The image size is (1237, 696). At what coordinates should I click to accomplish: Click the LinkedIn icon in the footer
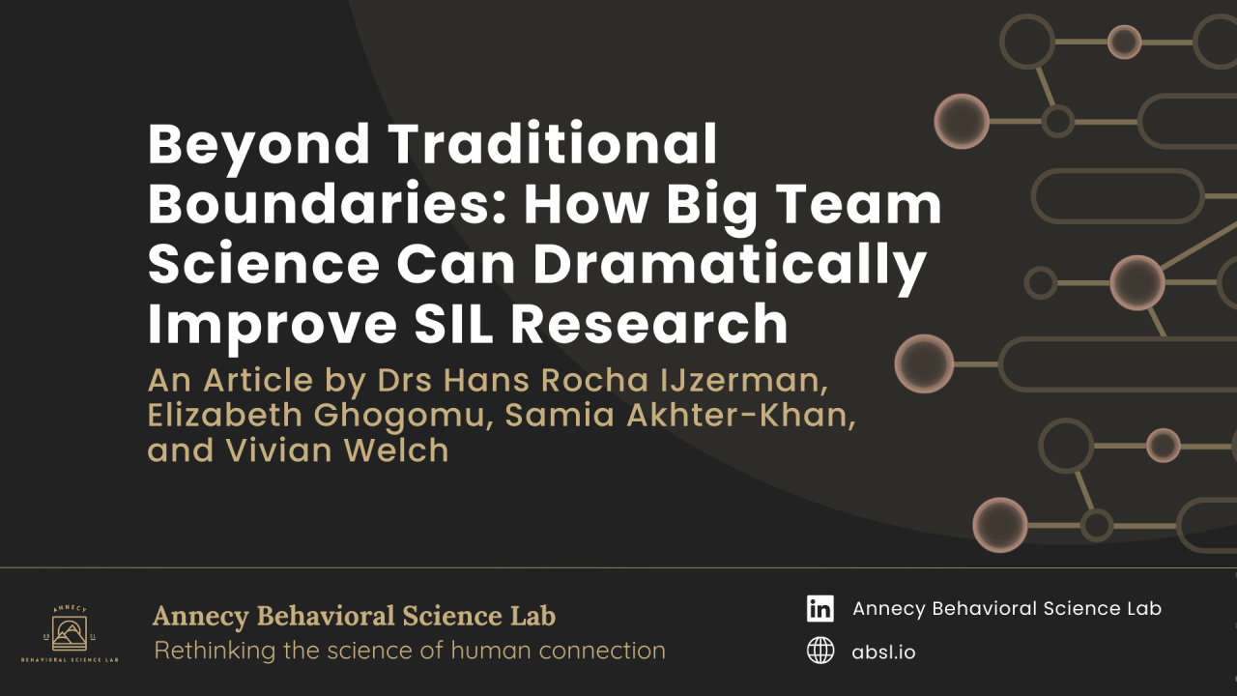coord(820,608)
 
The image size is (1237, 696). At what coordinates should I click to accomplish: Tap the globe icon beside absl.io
coord(820,652)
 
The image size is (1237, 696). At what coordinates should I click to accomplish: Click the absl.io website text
coord(883,652)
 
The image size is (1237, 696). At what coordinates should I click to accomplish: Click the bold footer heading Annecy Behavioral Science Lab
coord(354,617)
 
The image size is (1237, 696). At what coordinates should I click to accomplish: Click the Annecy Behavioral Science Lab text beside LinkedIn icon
coord(1006,608)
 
